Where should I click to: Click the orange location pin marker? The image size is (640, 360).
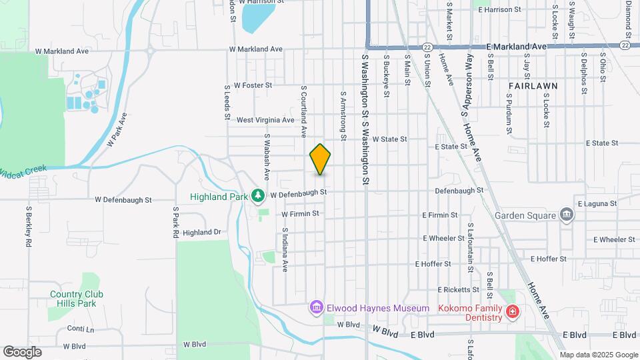321,159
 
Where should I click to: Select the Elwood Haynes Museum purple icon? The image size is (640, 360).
317,308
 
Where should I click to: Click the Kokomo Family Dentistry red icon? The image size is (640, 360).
512,311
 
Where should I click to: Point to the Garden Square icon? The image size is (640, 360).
567,215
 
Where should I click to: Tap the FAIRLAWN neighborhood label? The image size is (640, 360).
532,87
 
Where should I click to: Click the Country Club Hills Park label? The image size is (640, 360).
73,299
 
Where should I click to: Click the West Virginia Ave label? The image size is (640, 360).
265,121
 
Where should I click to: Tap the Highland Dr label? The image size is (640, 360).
201,233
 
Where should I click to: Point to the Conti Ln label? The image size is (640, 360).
81,329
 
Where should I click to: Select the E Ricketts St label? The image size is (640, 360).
458,290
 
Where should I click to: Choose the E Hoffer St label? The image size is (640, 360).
548,259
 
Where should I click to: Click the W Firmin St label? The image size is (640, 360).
301,214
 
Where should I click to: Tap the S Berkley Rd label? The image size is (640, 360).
29,226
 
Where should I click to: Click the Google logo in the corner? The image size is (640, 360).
22,351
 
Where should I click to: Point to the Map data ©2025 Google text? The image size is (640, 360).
599,355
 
